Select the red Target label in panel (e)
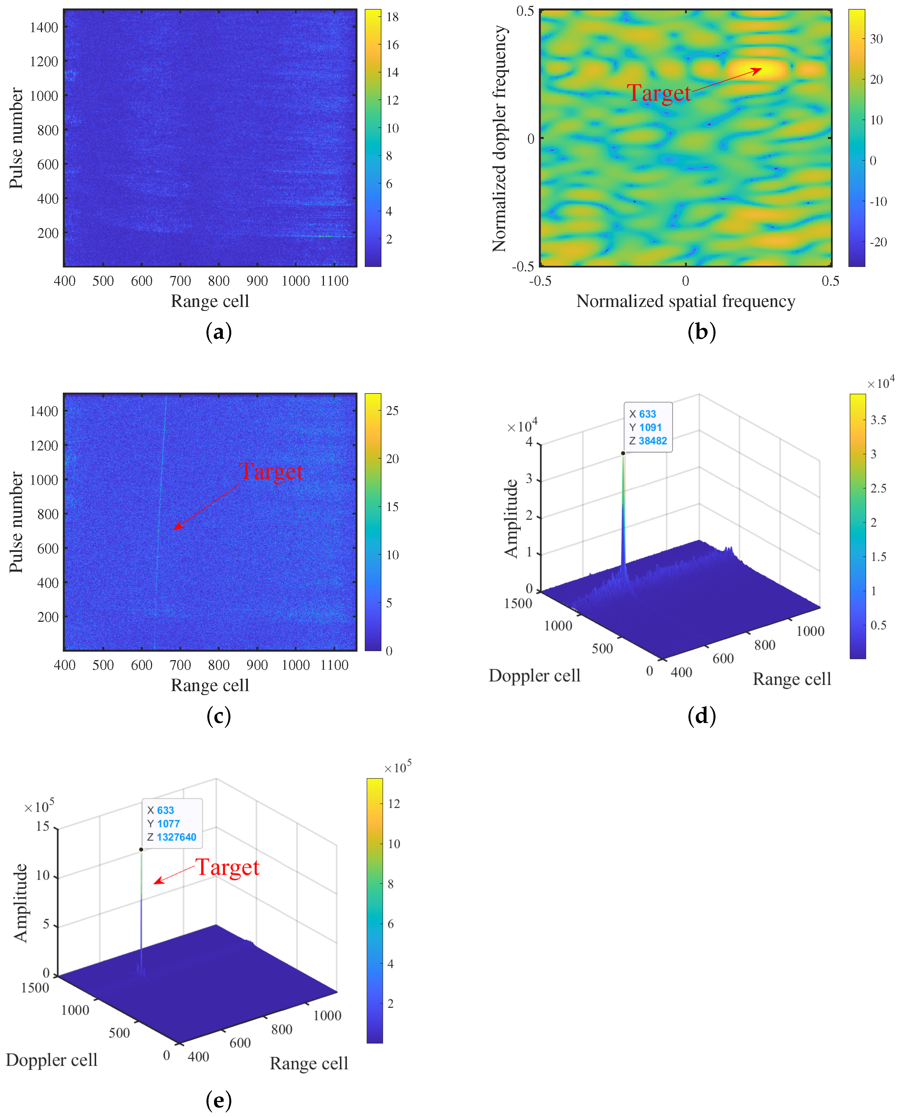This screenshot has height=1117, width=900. click(x=227, y=868)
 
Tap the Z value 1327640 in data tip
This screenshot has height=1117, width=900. click(x=176, y=837)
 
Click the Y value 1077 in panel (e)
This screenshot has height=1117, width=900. click(x=168, y=823)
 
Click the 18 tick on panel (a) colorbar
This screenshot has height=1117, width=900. click(x=392, y=17)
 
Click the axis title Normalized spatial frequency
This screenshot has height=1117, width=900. click(x=685, y=301)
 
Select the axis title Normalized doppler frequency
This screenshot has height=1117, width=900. click(x=499, y=138)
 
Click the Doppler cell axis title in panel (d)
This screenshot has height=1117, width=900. click(x=534, y=676)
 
